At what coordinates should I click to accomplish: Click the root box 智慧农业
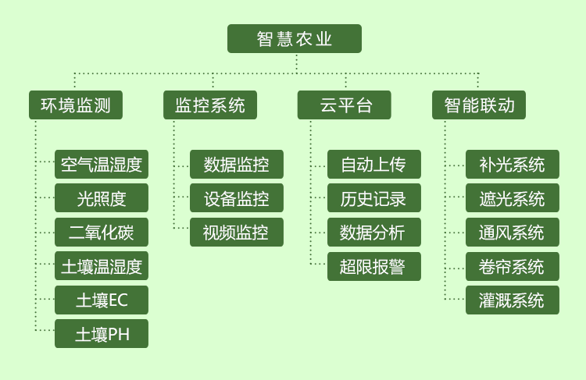295,38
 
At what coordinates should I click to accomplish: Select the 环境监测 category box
76,105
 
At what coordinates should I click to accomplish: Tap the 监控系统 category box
210,105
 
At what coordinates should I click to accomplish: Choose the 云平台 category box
345,105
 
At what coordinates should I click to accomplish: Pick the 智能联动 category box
479,105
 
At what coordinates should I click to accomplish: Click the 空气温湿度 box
102,164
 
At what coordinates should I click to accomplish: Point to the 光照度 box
102,198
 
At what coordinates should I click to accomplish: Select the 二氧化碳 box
102,233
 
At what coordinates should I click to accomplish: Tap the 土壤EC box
102,300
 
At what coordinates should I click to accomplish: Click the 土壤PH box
102,334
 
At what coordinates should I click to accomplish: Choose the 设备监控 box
237,198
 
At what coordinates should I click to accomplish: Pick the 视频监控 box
237,233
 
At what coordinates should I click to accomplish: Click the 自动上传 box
374,164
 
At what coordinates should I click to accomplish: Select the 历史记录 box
374,198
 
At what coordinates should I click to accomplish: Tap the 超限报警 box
374,267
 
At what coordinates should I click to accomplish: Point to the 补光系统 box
513,164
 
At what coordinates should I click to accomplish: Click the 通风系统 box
513,233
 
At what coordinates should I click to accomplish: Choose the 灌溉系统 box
513,300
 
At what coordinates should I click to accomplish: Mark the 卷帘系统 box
513,267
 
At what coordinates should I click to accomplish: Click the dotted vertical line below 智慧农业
297,63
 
